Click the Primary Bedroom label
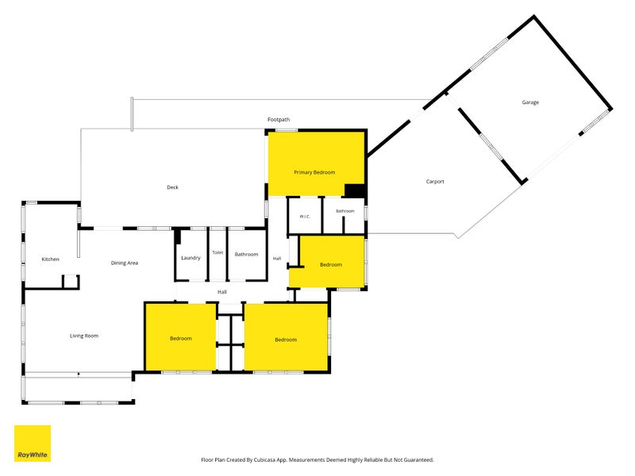[314, 172]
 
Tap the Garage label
[530, 102]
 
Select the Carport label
[435, 182]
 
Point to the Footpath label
[279, 120]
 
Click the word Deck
[172, 187]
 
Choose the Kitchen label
[50, 259]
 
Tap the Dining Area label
[125, 263]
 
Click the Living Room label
[84, 336]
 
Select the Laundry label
[190, 258]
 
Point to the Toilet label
[217, 252]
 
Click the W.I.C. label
[305, 217]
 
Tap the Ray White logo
[33, 443]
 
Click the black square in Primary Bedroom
[355, 191]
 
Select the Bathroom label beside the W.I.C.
[345, 211]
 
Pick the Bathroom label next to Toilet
[246, 255]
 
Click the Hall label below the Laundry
[222, 292]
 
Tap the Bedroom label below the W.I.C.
[331, 265]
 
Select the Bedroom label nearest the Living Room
[181, 339]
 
